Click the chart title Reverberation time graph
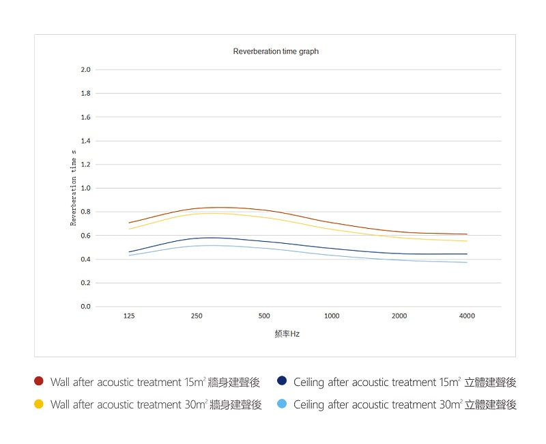tap(276, 51)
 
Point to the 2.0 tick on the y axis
tap(86, 70)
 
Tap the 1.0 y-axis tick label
tap(86, 188)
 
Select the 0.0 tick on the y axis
tap(86, 307)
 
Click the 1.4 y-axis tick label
tap(86, 141)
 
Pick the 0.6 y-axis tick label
tap(86, 236)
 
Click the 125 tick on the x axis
tap(129, 316)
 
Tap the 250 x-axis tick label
tap(197, 316)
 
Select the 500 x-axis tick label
tap(264, 316)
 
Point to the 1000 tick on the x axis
tap(332, 316)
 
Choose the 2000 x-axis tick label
tap(399, 316)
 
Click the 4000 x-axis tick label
tap(467, 316)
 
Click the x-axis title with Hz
tap(287, 334)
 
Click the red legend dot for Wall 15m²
tap(39, 381)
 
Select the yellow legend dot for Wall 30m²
tap(39, 404)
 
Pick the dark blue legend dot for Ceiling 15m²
tap(282, 381)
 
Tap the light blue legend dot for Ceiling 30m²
tap(282, 404)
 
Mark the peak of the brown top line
tap(218, 207)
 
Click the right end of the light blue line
tap(467, 262)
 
